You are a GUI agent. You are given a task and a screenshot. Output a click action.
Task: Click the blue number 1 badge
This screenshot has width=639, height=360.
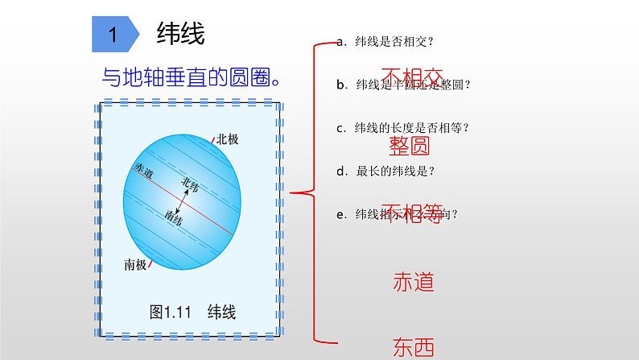click(x=114, y=35)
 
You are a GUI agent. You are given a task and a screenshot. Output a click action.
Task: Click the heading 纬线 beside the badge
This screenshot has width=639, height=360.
click(x=180, y=35)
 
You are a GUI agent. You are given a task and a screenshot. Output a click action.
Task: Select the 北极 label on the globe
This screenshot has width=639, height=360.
click(x=228, y=139)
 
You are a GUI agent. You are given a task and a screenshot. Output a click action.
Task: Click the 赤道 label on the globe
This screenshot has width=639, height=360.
click(x=145, y=170)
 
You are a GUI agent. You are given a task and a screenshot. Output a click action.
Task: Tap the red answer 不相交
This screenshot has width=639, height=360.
click(x=411, y=79)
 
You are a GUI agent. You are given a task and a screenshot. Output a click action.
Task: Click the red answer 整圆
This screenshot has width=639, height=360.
click(x=409, y=146)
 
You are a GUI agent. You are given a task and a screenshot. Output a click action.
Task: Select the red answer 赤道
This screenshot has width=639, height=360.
click(x=414, y=282)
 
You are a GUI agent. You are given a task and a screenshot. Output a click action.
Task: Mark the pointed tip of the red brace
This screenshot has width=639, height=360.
click(x=291, y=192)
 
